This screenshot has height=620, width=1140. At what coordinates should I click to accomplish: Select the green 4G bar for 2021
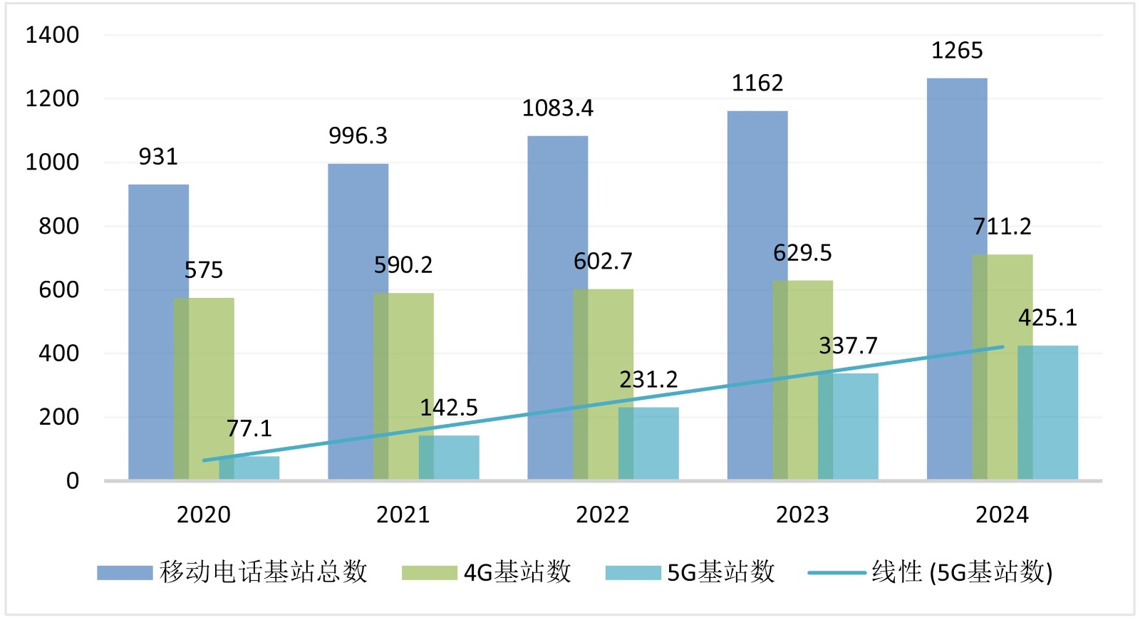click(x=403, y=386)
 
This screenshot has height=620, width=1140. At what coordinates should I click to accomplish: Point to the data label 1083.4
click(x=557, y=108)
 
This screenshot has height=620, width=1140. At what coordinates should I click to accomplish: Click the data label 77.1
click(x=249, y=428)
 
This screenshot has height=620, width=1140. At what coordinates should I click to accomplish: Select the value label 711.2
click(x=1002, y=227)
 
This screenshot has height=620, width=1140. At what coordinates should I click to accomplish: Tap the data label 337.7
click(x=848, y=346)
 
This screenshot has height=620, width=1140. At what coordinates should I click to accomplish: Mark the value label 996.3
click(x=358, y=136)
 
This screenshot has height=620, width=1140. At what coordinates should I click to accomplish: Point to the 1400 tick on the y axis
click(x=52, y=35)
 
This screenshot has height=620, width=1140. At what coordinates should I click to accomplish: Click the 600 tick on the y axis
click(x=58, y=290)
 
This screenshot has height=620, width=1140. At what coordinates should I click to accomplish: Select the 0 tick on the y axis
click(x=72, y=481)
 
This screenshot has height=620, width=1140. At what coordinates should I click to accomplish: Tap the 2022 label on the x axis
click(x=603, y=515)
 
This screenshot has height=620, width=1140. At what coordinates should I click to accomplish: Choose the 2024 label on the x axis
click(x=1002, y=515)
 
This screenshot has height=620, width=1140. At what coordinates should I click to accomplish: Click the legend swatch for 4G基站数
click(x=429, y=573)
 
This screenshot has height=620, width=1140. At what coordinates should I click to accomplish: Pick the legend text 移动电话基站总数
click(x=263, y=572)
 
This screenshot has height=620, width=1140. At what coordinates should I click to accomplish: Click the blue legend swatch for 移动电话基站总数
click(x=125, y=573)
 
